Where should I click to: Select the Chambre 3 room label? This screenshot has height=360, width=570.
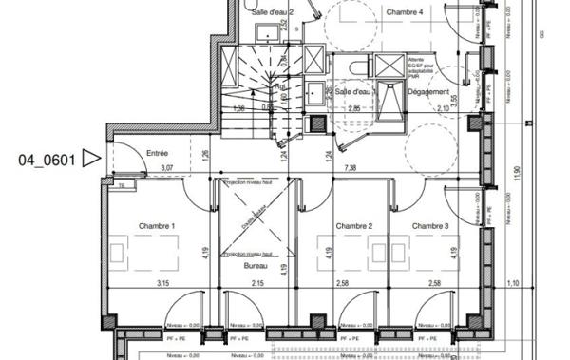tap(430, 226)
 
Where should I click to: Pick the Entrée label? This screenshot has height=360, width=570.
tap(158, 153)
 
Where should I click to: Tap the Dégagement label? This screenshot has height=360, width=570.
tap(428, 91)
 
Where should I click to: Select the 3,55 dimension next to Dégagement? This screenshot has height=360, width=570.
tap(455, 99)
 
